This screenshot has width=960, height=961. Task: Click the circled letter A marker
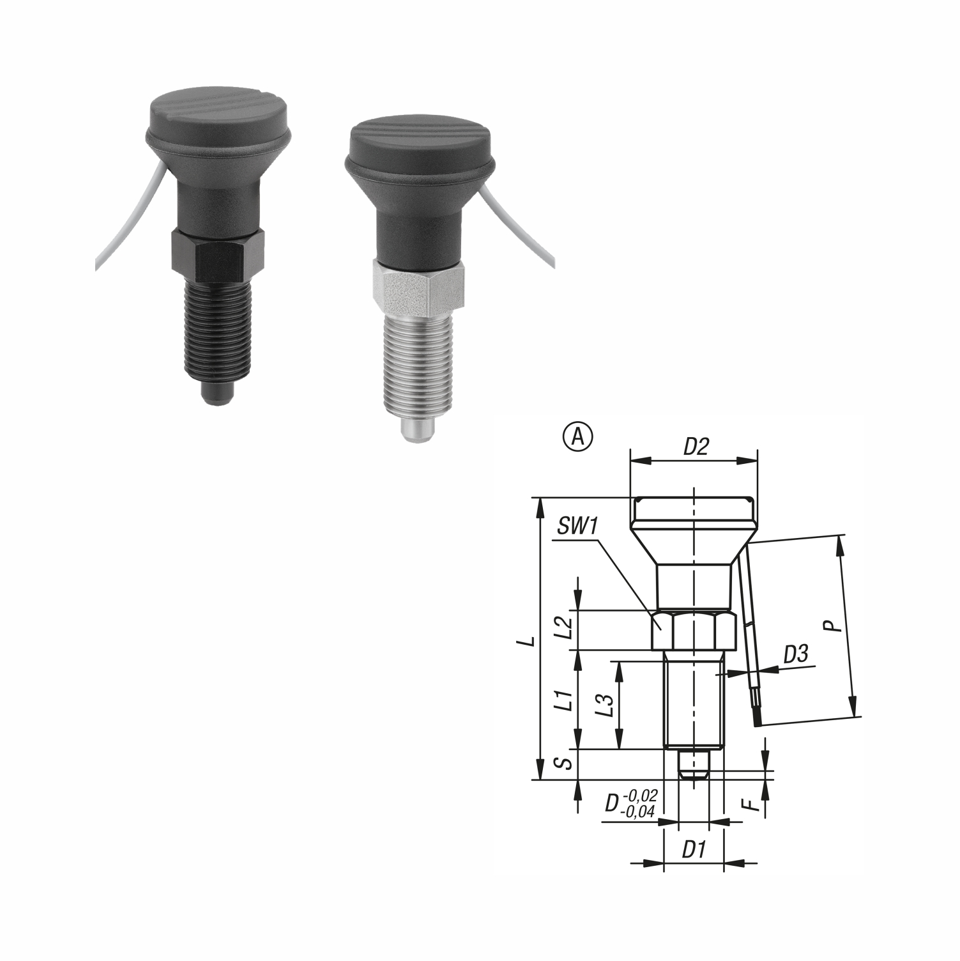[577, 437]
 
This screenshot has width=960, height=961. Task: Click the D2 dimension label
[696, 447]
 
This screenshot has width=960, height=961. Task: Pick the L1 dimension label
[563, 701]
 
